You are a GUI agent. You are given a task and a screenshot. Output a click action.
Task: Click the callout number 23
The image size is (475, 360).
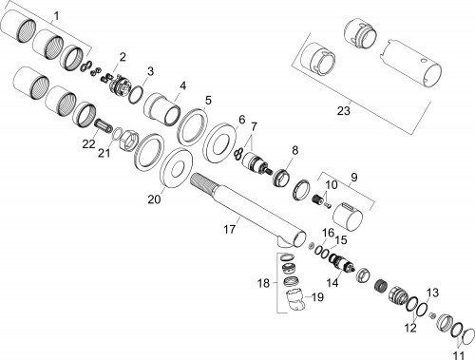(344, 111)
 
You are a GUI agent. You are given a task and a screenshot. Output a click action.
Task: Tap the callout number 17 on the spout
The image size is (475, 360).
(230, 229)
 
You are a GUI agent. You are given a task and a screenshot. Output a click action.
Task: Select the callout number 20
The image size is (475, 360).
(154, 199)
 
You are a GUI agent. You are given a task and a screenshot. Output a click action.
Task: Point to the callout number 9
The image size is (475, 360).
(354, 177)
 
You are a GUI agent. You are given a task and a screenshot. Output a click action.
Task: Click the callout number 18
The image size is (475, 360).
(263, 283)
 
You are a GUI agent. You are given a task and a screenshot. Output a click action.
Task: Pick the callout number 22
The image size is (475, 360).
(88, 144)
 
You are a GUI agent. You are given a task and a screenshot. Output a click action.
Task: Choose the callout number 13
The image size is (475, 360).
(432, 293)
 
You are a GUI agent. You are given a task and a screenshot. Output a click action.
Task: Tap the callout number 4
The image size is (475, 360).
(183, 85)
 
